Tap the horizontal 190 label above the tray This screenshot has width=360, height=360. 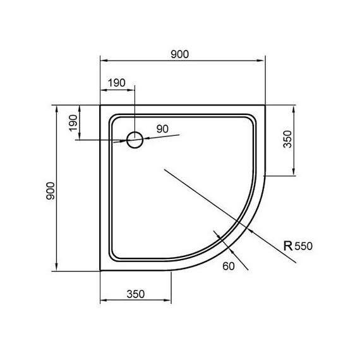(x=117, y=83)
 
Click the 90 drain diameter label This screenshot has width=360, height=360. (x=162, y=129)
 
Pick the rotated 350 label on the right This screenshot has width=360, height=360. (x=287, y=139)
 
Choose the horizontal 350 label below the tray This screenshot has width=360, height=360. (x=136, y=293)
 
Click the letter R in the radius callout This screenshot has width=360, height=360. (x=288, y=246)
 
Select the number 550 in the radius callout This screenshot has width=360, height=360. (x=304, y=247)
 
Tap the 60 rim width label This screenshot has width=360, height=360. (x=229, y=266)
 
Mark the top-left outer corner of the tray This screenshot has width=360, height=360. (x=101, y=105)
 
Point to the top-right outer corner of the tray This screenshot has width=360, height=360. (x=265, y=105)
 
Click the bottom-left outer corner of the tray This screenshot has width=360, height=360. (x=101, y=270)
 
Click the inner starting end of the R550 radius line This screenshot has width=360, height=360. (x=164, y=169)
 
